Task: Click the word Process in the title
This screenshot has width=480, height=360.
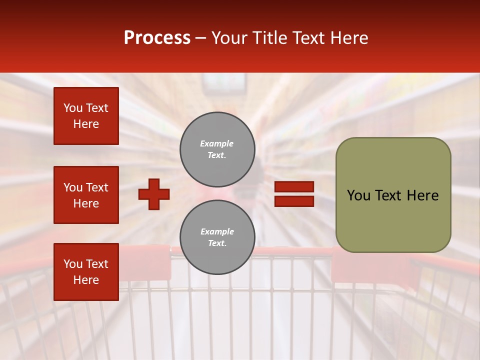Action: (157, 38)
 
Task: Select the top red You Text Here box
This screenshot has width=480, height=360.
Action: (86, 116)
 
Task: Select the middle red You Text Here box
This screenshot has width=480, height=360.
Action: (86, 195)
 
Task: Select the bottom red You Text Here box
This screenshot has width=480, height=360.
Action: (86, 272)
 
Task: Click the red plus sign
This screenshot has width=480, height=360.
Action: (154, 194)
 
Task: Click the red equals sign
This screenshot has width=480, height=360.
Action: (294, 194)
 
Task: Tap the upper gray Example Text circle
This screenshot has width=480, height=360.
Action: (217, 149)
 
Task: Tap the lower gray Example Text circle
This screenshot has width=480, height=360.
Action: (217, 237)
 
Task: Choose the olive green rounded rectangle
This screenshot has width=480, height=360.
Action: (393, 195)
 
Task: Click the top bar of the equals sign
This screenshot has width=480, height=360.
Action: (294, 186)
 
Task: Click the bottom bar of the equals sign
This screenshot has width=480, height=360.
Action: (294, 201)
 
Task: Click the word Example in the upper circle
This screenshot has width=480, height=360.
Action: (217, 144)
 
